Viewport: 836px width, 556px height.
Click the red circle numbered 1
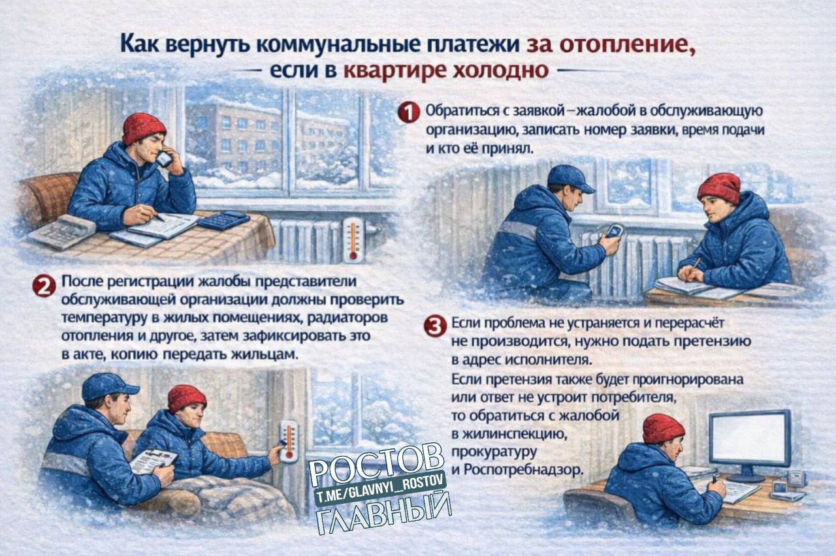coord(408,114)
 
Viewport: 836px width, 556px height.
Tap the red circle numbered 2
coord(44,286)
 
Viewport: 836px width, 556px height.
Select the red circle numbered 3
coord(435,326)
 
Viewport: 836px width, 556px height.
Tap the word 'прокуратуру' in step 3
coord(494,450)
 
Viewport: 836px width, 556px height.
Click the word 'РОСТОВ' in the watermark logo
coord(376,461)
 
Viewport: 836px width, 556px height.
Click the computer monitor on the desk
coord(750,437)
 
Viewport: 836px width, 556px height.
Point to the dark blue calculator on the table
coord(223,219)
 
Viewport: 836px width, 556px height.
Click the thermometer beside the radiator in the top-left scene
coord(353,239)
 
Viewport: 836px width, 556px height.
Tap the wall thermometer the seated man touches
coord(289,441)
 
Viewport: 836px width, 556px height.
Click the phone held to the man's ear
coord(164,158)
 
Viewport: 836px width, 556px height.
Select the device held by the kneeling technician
coord(615,231)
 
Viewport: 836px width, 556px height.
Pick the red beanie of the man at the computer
coord(663,429)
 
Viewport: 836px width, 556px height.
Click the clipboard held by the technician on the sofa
coord(153,459)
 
